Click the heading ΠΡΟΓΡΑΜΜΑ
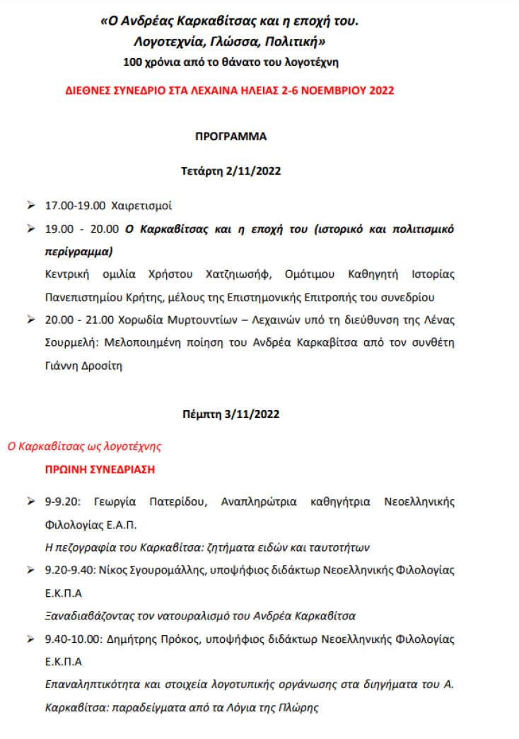[x=231, y=136]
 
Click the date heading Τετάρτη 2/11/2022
[x=231, y=170]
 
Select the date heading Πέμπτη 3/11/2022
[x=231, y=414]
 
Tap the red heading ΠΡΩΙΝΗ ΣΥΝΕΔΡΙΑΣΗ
[x=100, y=469]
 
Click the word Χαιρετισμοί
[x=141, y=206]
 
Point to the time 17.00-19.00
[x=75, y=206]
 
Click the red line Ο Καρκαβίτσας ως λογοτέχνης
[x=84, y=446]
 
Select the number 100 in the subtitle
[x=133, y=62]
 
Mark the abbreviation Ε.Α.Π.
[x=120, y=525]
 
